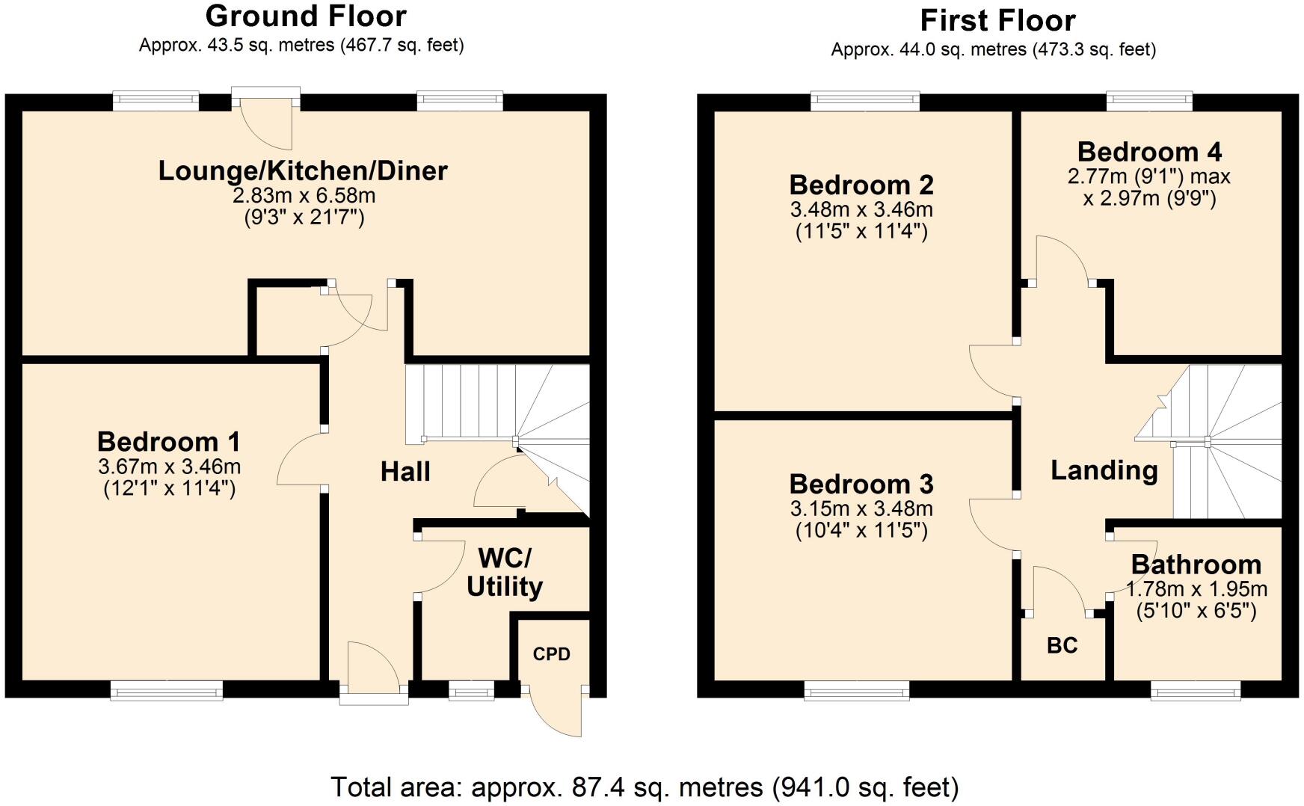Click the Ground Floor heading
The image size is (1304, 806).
pyautogui.click(x=306, y=16)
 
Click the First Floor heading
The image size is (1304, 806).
pyautogui.click(x=997, y=20)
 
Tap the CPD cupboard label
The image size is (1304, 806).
pyautogui.click(x=551, y=654)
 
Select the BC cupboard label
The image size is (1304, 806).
pyautogui.click(x=1062, y=645)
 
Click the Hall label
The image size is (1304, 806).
pyautogui.click(x=405, y=472)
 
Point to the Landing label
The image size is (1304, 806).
pyautogui.click(x=1104, y=470)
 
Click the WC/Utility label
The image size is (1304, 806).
pyautogui.click(x=504, y=573)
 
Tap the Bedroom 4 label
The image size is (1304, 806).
pyautogui.click(x=1149, y=152)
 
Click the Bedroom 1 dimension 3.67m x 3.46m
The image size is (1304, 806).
pyautogui.click(x=169, y=467)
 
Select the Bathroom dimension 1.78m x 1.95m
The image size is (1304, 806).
pyautogui.click(x=1196, y=588)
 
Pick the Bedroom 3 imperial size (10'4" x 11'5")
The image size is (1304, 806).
pyautogui.click(x=861, y=531)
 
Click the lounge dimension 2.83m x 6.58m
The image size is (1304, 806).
pyautogui.click(x=304, y=196)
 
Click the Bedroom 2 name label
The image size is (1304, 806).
pyautogui.click(x=861, y=185)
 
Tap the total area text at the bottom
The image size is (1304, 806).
pyautogui.click(x=644, y=787)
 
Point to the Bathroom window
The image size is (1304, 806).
pyautogui.click(x=1195, y=690)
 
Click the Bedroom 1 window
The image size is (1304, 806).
pyautogui.click(x=167, y=690)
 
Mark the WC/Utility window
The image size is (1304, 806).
pyautogui.click(x=471, y=690)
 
